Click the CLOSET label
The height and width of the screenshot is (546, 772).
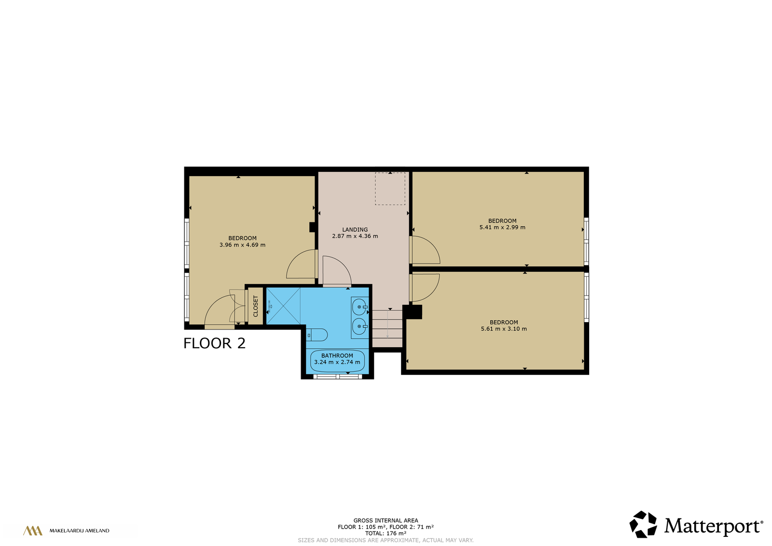tap(255, 306)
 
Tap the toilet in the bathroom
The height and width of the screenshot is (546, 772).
tap(317, 335)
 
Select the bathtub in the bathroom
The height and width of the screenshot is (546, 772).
tap(337, 361)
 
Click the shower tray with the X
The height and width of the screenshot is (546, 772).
tap(283, 305)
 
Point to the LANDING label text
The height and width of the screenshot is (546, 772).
tap(355, 230)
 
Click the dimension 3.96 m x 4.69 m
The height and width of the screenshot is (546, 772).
tap(242, 245)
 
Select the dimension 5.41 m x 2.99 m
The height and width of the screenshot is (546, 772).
tap(502, 227)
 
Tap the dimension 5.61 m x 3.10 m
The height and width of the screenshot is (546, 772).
tap(504, 328)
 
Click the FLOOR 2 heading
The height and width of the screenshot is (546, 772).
tap(214, 343)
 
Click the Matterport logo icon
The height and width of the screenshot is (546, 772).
tap(643, 524)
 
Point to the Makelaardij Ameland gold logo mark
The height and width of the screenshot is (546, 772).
tap(33, 531)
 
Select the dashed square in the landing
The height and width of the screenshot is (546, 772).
tap(390, 189)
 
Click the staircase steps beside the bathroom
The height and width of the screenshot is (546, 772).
tap(387, 328)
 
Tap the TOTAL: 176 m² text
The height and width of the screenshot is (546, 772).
tap(386, 533)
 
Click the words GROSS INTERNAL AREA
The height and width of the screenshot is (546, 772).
tap(386, 520)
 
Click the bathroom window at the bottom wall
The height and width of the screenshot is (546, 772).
tap(338, 377)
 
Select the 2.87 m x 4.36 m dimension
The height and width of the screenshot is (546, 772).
tap(355, 236)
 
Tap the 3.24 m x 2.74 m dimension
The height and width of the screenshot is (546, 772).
tap(337, 362)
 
